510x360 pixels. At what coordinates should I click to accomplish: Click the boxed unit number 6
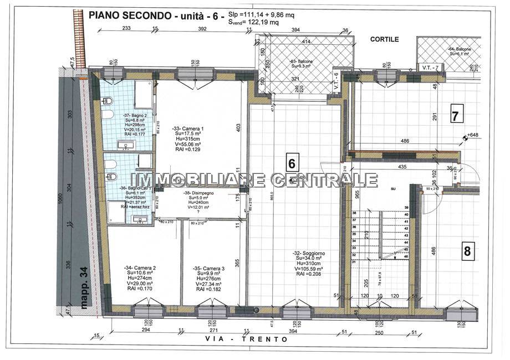tap(293, 162)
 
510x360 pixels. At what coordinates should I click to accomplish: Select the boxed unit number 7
tap(455, 116)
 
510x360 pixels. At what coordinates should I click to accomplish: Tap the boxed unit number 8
tap(467, 251)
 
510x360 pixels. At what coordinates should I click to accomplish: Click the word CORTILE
tap(385, 40)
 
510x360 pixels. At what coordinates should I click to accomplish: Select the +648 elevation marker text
tap(473, 135)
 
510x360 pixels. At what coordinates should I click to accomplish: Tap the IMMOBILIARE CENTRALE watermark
tap(254, 180)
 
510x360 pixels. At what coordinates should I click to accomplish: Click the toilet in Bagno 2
tap(109, 101)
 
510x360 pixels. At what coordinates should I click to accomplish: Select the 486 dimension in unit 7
tap(405, 141)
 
